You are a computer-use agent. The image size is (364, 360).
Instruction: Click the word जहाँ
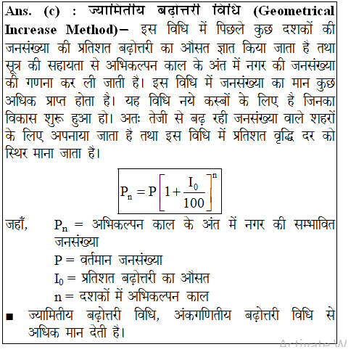click(x=17, y=226)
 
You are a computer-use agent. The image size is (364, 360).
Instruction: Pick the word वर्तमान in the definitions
click(x=96, y=260)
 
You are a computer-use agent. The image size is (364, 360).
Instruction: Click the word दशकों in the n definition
click(x=99, y=296)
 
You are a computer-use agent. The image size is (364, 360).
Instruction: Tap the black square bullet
click(x=9, y=317)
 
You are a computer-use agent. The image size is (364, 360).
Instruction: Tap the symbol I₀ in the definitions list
click(x=60, y=279)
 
